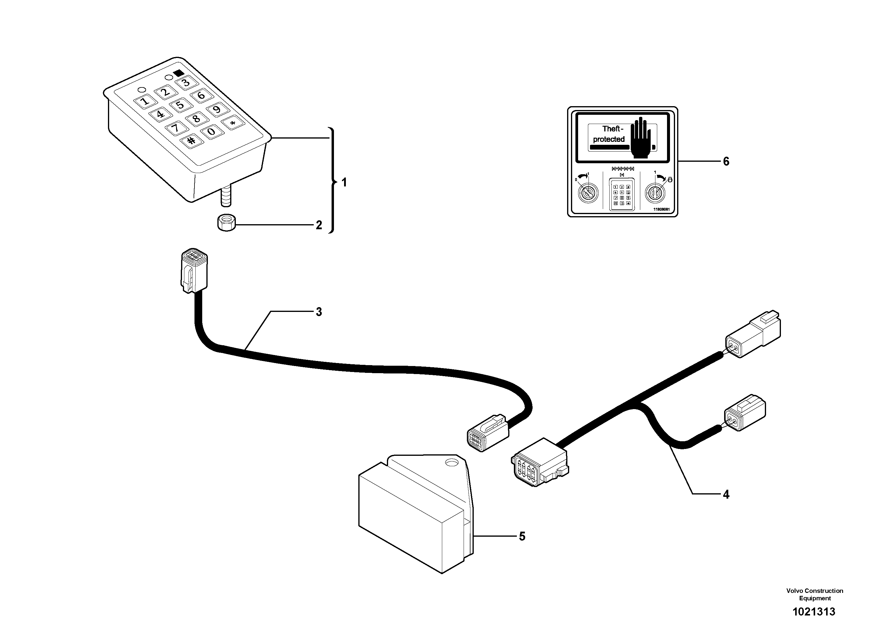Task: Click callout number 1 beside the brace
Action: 344,182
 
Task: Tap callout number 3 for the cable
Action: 319,312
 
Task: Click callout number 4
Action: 726,494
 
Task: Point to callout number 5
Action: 522,536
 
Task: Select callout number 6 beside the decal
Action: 726,161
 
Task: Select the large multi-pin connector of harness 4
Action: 539,462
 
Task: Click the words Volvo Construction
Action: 815,591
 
